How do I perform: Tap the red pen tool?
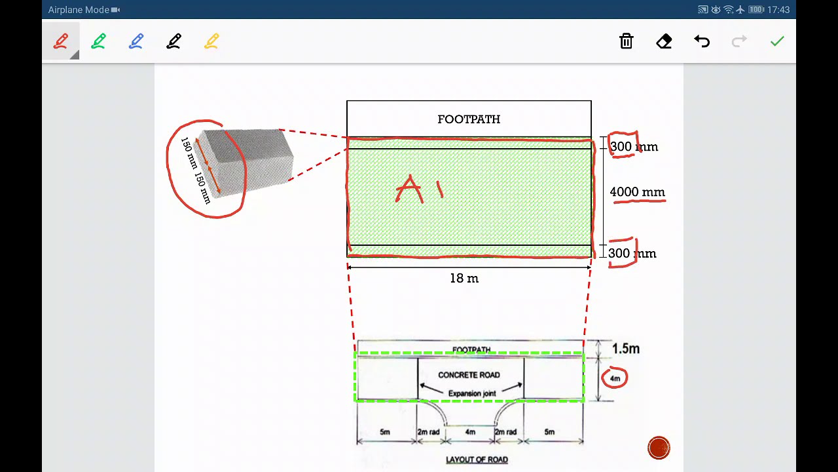[x=61, y=41]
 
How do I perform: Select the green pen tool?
[x=98, y=41]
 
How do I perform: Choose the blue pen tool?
[x=136, y=41]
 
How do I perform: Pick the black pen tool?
[x=174, y=41]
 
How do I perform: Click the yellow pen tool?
[x=211, y=41]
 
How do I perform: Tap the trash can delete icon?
[x=627, y=41]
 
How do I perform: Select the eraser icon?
[x=664, y=41]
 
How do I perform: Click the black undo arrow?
[x=702, y=41]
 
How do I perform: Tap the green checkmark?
[x=777, y=41]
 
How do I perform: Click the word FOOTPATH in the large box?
[x=469, y=119]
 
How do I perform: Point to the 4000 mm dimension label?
[x=638, y=192]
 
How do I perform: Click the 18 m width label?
[x=464, y=279]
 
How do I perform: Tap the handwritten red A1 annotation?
[x=420, y=189]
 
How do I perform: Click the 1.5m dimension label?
[x=626, y=349]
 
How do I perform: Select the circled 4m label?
[x=615, y=378]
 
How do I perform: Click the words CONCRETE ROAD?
[x=469, y=375]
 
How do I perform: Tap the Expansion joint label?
[x=472, y=393]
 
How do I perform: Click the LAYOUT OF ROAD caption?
[x=477, y=460]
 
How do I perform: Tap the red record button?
[x=659, y=448]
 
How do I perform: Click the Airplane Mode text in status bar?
[x=79, y=10]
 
